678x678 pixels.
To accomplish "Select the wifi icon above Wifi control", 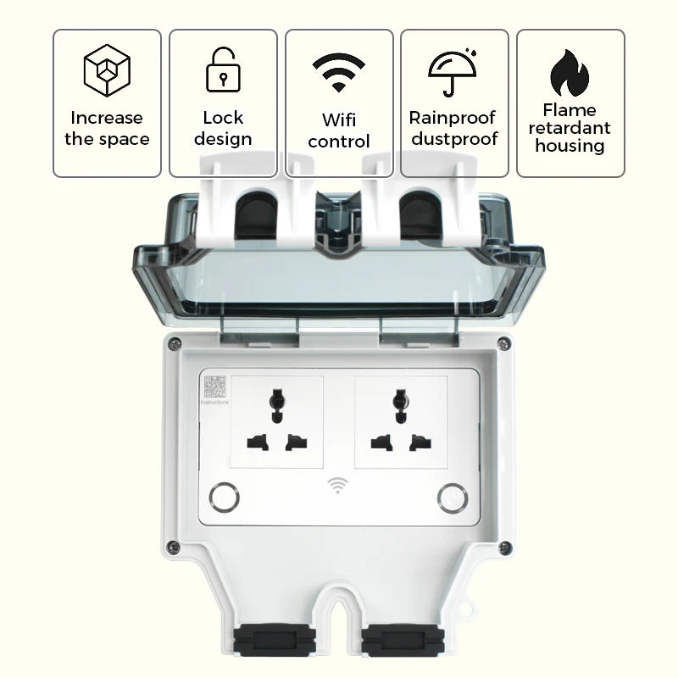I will (x=338, y=72).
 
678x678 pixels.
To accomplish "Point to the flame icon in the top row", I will (x=570, y=72).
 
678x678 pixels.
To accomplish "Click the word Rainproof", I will (x=453, y=118).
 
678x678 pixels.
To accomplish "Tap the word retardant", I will (x=570, y=128).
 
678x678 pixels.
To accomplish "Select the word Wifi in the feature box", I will (x=338, y=119).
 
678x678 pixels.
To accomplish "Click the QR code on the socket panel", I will (x=214, y=387).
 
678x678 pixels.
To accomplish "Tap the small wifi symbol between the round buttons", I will (x=338, y=486).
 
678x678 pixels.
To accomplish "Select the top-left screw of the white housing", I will (x=174, y=344).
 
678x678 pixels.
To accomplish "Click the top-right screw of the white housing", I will (x=503, y=344).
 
